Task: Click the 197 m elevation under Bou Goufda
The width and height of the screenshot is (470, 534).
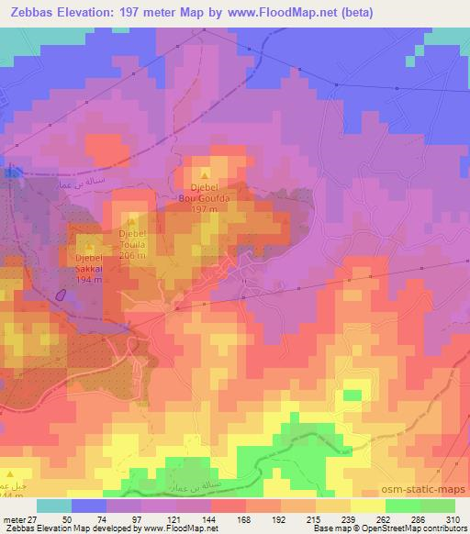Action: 204,208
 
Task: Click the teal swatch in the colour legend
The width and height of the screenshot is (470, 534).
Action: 54,506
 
